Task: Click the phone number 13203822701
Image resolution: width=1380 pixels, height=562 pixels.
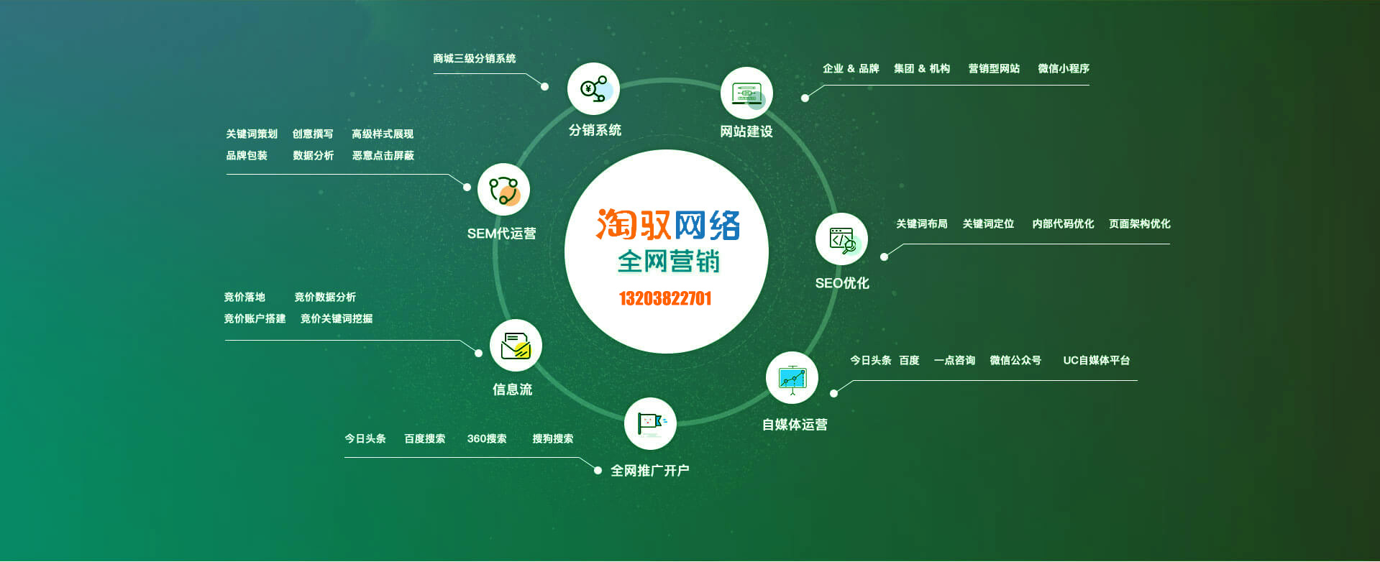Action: (665, 298)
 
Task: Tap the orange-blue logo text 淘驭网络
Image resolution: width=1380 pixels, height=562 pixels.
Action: (667, 225)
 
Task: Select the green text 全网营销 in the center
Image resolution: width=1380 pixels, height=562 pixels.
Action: (669, 262)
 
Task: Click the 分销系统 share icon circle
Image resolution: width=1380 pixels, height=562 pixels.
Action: (593, 89)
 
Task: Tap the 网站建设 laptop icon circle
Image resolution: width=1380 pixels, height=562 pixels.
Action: (746, 93)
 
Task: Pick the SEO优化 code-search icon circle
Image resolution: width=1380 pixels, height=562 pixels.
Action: (841, 239)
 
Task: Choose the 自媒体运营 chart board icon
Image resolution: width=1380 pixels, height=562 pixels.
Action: (792, 378)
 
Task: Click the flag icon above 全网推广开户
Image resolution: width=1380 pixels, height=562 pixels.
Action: (650, 423)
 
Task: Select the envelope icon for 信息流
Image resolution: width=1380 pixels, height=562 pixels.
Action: (516, 345)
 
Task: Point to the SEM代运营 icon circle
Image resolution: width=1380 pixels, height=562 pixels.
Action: (503, 190)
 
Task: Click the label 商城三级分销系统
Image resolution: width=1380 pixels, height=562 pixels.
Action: (475, 58)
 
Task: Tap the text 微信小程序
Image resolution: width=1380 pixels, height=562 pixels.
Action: (1064, 68)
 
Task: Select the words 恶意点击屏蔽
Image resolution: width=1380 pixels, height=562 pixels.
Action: (383, 155)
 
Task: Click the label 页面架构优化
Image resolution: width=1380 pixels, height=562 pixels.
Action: (1140, 224)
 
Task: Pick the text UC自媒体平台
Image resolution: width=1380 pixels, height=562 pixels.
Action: (1097, 360)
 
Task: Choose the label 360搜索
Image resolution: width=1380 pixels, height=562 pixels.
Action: (487, 438)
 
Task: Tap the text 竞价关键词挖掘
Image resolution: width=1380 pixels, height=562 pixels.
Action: (337, 318)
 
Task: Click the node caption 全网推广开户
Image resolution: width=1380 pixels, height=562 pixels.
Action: (650, 471)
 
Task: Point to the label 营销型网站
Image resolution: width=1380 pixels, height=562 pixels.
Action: (994, 68)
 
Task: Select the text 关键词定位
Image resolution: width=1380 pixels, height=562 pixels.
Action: (988, 224)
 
